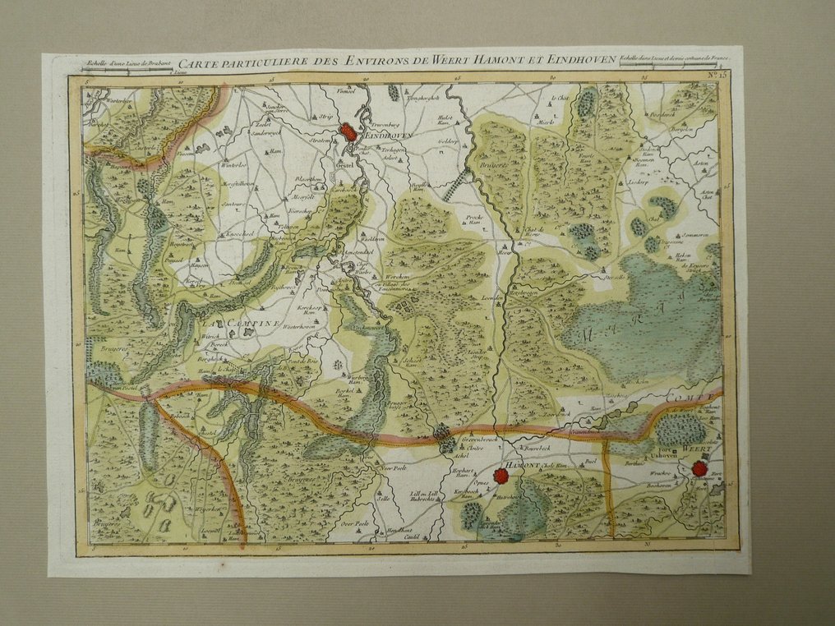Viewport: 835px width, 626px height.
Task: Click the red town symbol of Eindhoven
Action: pyautogui.click(x=348, y=131)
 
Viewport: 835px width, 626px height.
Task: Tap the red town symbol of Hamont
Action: pyautogui.click(x=501, y=475)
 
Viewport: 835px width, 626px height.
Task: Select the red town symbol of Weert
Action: pyautogui.click(x=699, y=468)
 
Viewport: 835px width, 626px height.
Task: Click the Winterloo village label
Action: pyautogui.click(x=234, y=163)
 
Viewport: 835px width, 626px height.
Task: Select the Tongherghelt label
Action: pyautogui.click(x=427, y=98)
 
